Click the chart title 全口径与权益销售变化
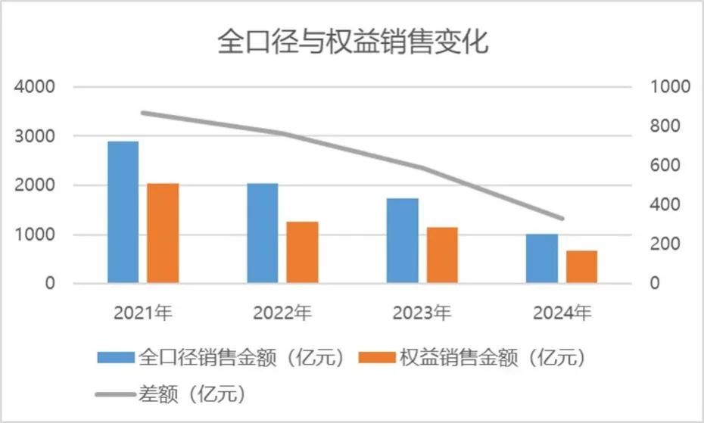click(x=353, y=41)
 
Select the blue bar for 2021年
click(x=123, y=212)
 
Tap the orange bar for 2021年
click(x=163, y=233)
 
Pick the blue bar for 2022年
click(x=263, y=233)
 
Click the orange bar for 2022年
click(x=302, y=252)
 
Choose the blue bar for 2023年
click(x=403, y=241)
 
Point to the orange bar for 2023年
click(x=442, y=255)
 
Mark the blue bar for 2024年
click(x=542, y=258)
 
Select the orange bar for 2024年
click(x=581, y=266)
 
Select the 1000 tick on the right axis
click(x=670, y=87)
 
